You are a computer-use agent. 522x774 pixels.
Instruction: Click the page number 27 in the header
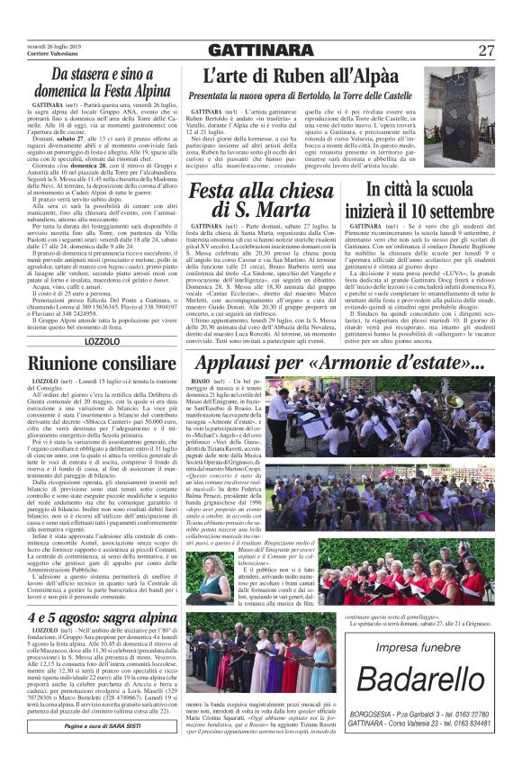click(x=487, y=49)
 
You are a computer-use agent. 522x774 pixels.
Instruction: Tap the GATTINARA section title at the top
click(x=260, y=49)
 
